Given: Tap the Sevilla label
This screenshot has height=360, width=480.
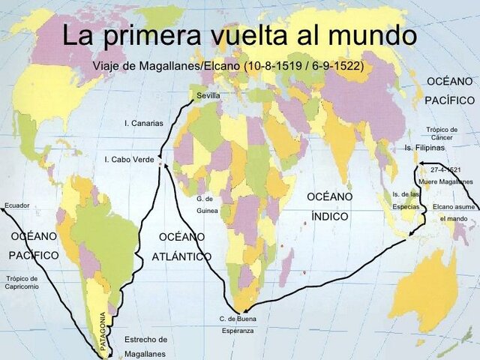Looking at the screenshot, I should pyautogui.click(x=208, y=96).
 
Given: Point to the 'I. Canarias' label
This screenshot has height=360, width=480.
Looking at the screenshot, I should pyautogui.click(x=143, y=123).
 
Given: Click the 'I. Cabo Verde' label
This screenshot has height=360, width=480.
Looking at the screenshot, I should pyautogui.click(x=129, y=159).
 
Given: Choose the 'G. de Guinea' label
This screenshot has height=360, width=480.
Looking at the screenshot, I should pyautogui.click(x=205, y=205).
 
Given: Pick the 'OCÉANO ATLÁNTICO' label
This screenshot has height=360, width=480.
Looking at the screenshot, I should pyautogui.click(x=181, y=246).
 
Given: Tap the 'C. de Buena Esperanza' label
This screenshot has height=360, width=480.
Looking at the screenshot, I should pyautogui.click(x=238, y=324).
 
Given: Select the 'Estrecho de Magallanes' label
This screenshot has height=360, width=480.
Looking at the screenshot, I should pyautogui.click(x=145, y=346).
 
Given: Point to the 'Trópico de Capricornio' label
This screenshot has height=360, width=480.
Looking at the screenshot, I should pyautogui.click(x=22, y=283).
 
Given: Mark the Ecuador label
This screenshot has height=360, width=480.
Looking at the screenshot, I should pyautogui.click(x=16, y=205).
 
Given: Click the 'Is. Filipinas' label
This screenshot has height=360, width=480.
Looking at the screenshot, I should pyautogui.click(x=424, y=148).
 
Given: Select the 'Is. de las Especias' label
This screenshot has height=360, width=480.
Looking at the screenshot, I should pyautogui.click(x=406, y=200).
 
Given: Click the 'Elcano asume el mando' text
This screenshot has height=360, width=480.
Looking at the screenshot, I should pyautogui.click(x=453, y=212).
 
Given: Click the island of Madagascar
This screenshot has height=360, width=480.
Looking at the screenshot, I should pyautogui.click(x=286, y=268).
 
